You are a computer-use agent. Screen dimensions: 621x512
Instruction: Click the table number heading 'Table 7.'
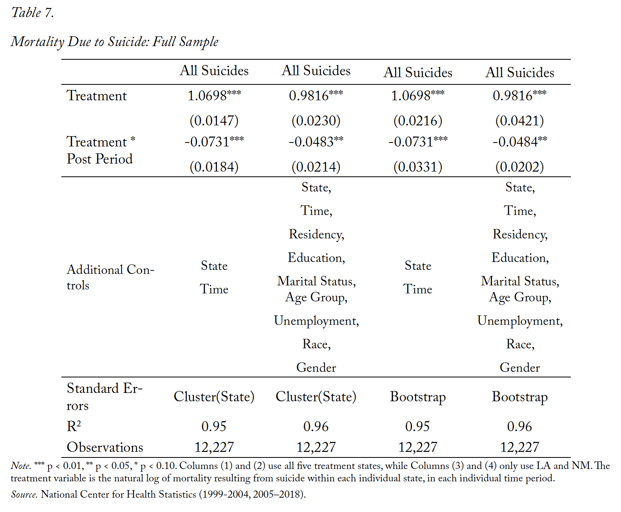[x=32, y=13]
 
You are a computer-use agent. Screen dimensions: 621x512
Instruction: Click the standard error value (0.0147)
[x=214, y=121]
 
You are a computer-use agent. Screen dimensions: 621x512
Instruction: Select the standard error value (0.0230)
[x=316, y=121]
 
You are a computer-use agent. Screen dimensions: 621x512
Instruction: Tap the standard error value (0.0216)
[x=418, y=121]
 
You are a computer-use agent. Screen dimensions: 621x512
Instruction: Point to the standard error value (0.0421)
[x=519, y=121]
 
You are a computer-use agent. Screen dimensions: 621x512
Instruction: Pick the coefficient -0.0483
[x=311, y=142]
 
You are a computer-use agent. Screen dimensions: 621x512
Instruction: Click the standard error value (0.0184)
[x=214, y=166]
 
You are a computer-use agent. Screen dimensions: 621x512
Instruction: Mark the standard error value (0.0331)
[x=418, y=166]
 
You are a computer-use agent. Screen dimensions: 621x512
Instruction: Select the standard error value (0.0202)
[x=519, y=166]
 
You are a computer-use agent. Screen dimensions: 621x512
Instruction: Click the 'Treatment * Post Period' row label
[x=101, y=150]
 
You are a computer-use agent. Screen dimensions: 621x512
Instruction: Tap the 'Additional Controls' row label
[x=110, y=277]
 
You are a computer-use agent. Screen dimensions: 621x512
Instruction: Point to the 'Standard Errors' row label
[x=104, y=397]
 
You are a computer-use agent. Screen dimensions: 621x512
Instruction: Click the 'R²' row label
[x=74, y=426]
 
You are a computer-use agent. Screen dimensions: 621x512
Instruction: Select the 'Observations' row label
[x=105, y=447]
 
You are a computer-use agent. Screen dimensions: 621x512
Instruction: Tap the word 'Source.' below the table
[x=24, y=494]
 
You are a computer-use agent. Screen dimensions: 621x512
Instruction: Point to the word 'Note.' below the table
[x=21, y=465]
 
